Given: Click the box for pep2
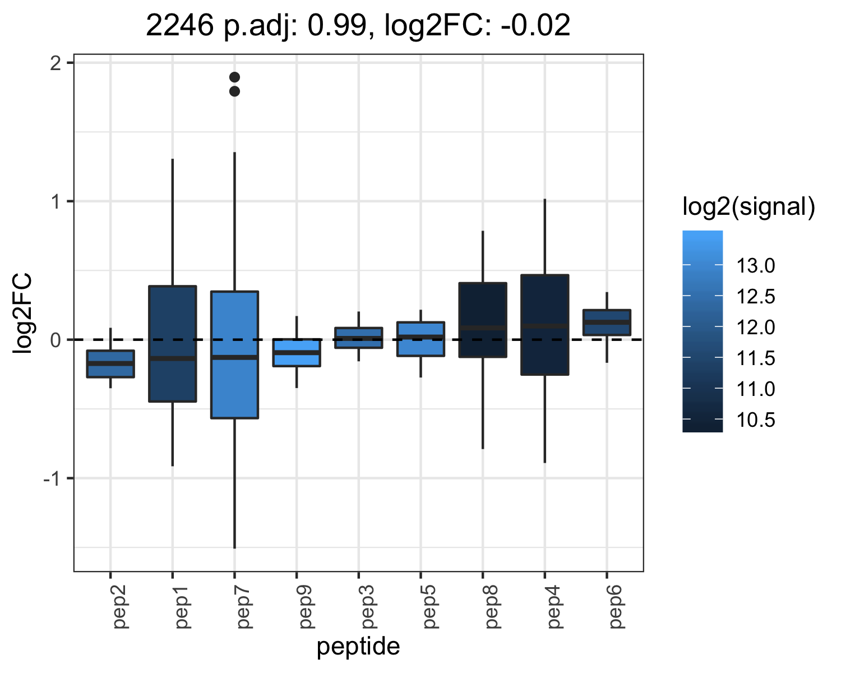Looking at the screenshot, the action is [x=110, y=363].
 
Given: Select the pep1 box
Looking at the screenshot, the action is [x=172, y=344].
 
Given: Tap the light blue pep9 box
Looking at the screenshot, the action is [x=297, y=352].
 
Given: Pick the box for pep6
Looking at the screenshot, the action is [x=607, y=322].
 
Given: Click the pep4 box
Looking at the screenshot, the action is [x=544, y=325].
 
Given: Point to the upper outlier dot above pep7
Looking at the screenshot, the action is [x=234, y=77].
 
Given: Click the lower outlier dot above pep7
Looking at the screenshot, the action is [x=234, y=91].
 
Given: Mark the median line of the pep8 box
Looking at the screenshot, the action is [x=483, y=328].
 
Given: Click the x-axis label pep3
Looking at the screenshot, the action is [x=367, y=607].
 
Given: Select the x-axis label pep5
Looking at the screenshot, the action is [x=429, y=607].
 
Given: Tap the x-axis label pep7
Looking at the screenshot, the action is [x=243, y=607].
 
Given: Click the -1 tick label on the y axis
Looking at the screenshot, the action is [x=52, y=478].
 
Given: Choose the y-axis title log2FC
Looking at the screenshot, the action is [x=22, y=314].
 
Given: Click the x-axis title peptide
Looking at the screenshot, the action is [x=358, y=647].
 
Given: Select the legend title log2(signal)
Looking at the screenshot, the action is [x=749, y=206].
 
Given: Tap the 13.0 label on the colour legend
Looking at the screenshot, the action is [x=755, y=266].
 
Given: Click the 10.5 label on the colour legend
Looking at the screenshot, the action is [x=755, y=420].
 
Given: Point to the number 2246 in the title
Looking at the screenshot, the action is [x=180, y=25].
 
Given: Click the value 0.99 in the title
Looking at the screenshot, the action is [x=338, y=25].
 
